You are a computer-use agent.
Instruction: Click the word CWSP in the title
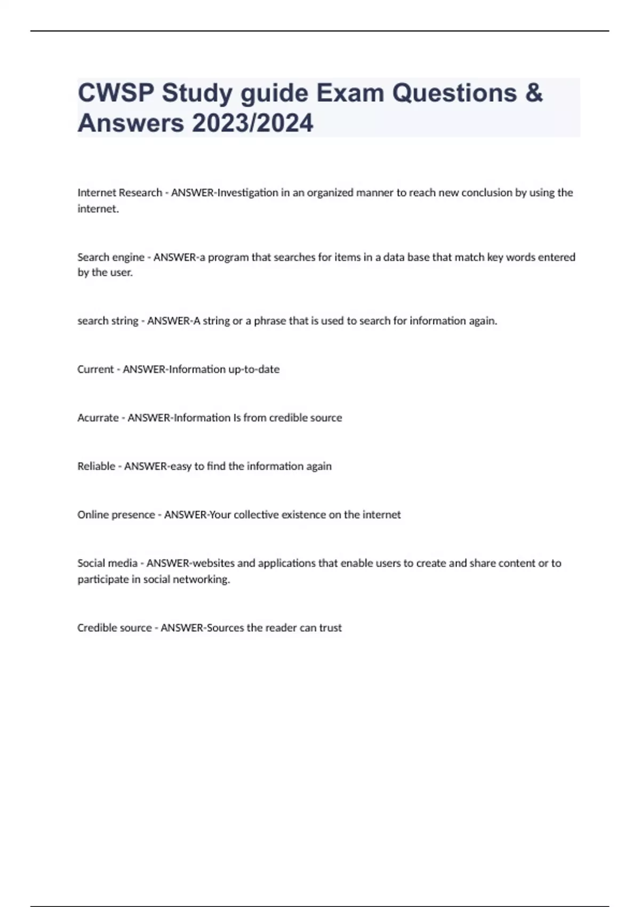[116, 93]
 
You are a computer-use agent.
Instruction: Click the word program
[228, 257]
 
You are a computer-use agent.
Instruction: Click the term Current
[95, 369]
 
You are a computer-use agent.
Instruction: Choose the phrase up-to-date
[253, 369]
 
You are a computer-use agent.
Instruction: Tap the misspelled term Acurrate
[98, 418]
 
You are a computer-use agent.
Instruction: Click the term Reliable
[97, 466]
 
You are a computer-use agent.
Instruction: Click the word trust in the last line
[330, 628]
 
